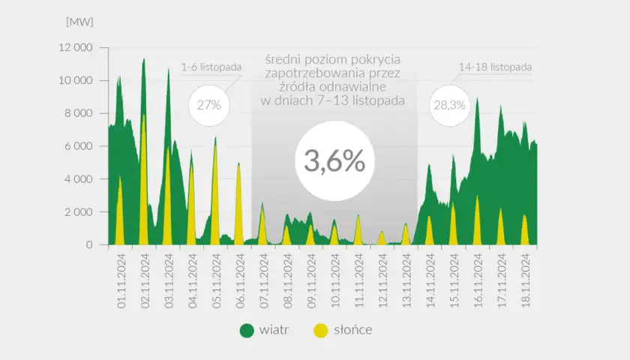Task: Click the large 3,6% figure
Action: [x=334, y=160]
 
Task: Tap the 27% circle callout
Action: [x=209, y=105]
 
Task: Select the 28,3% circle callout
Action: [x=449, y=105]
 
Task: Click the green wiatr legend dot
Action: [x=247, y=330]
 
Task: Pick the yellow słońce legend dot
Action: [x=321, y=330]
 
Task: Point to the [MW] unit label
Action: [x=79, y=22]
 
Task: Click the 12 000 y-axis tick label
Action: [x=76, y=47]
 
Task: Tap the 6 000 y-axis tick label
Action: [x=78, y=146]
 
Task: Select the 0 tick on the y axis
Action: [x=89, y=244]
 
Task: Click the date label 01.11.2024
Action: [x=121, y=280]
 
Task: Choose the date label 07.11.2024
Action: [x=264, y=280]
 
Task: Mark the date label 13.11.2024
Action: [x=406, y=280]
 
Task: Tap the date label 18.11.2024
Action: [x=526, y=280]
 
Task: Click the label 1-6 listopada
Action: [x=211, y=67]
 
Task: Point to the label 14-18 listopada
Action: [x=495, y=67]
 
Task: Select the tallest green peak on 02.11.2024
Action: [x=144, y=59]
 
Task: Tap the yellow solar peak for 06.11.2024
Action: [x=238, y=163]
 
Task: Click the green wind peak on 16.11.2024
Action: [x=477, y=98]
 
